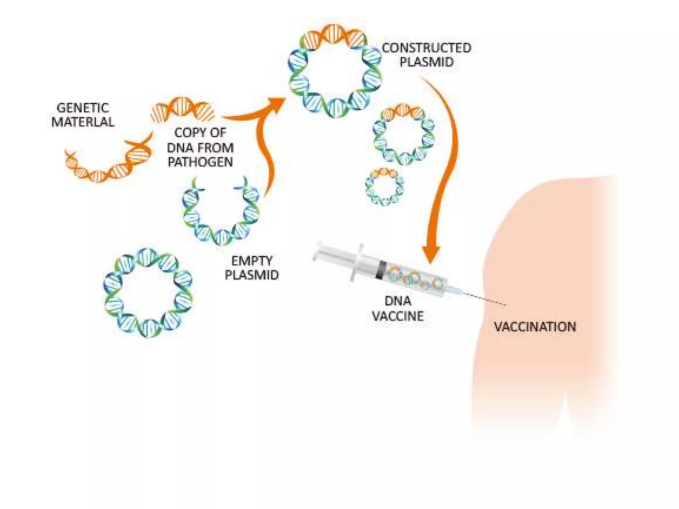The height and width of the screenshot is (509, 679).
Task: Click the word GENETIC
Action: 83,108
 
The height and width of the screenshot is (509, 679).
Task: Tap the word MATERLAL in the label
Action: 83,122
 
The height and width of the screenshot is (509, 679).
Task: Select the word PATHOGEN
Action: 200,162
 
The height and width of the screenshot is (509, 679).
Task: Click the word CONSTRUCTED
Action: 426,48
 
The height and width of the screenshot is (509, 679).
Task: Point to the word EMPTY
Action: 252,261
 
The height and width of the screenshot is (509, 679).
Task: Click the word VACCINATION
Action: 535,327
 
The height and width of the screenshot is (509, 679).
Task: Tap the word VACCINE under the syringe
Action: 398,316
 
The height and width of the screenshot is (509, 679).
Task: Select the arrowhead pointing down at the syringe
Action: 431,255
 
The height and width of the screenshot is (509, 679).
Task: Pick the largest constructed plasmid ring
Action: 335,71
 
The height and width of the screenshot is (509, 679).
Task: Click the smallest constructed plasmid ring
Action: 385,187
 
